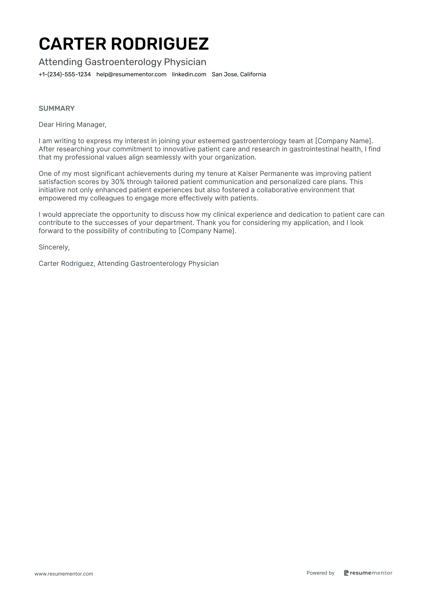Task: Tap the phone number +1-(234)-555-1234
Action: point(65,74)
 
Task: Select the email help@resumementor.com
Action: point(131,74)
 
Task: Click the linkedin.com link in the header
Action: point(189,74)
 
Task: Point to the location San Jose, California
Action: point(239,74)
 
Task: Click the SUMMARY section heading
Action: point(57,108)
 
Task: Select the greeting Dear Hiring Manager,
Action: point(73,125)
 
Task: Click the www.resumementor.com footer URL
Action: point(64,574)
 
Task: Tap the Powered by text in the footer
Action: point(320,573)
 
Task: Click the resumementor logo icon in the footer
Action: point(346,573)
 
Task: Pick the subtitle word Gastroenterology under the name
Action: point(123,62)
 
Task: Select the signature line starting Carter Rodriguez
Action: point(129,264)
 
